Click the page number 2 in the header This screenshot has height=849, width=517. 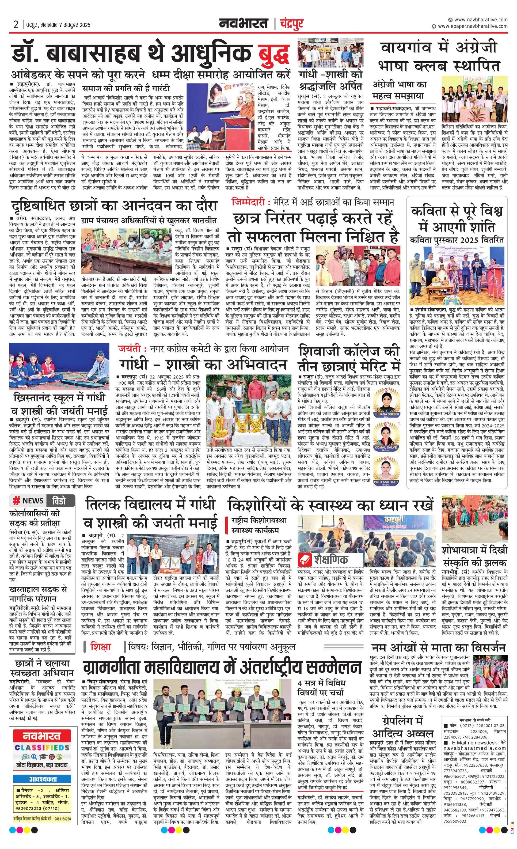tap(16, 25)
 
